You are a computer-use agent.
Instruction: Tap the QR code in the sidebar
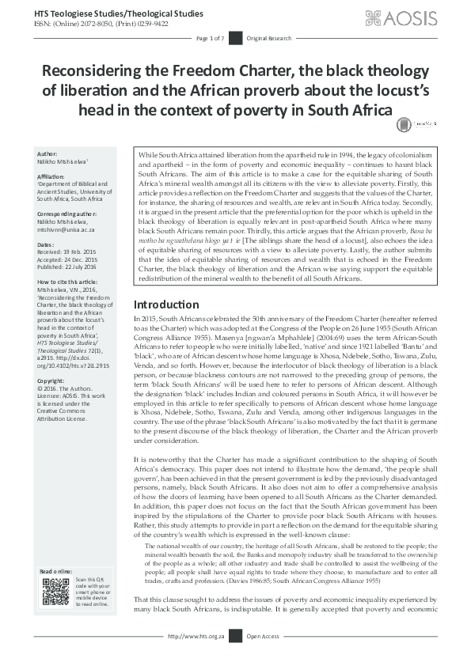point(55,592)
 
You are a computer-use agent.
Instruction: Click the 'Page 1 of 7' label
point(211,38)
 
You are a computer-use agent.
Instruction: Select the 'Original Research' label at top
point(264,38)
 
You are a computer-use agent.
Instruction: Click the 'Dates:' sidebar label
point(47,245)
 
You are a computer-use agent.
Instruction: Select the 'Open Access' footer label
point(263,658)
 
